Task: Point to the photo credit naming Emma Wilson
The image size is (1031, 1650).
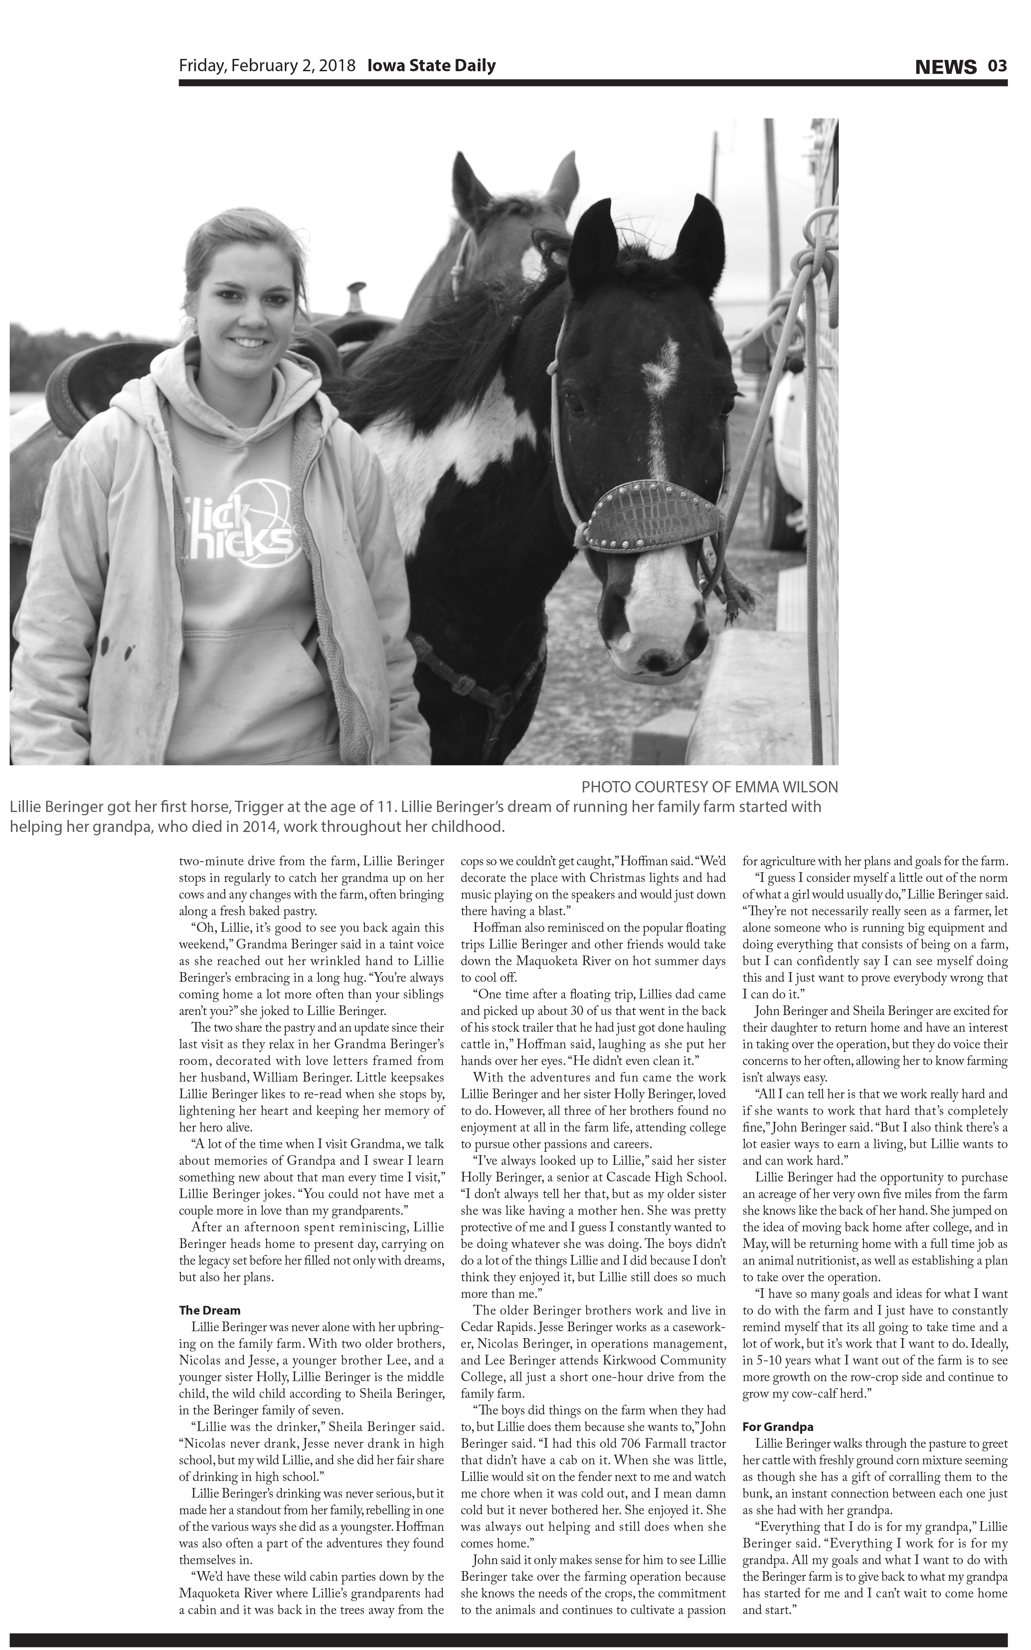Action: pyautogui.click(x=709, y=786)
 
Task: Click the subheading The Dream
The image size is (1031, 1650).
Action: pyautogui.click(x=209, y=1310)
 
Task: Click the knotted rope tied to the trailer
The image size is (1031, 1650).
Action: pyautogui.click(x=815, y=263)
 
